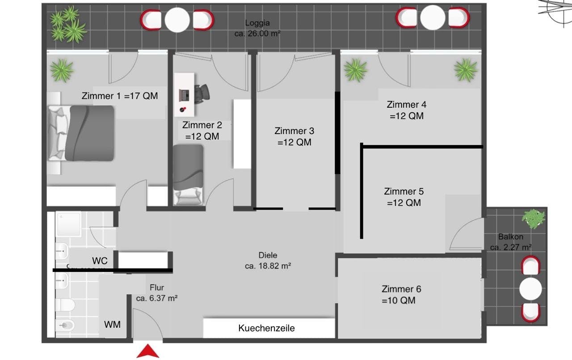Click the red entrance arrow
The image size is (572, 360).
click(148, 352)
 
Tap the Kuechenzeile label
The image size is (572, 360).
click(266, 328)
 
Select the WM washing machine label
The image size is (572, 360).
click(112, 325)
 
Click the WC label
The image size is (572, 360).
click(100, 261)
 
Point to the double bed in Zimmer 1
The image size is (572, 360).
click(81, 133)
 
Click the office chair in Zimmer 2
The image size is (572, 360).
click(202, 94)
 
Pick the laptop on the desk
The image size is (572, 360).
click(184, 95)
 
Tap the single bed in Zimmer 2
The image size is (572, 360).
click(188, 175)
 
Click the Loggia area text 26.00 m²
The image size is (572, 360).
click(257, 34)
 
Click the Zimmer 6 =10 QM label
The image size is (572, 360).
click(401, 295)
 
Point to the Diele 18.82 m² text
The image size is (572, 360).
click(268, 260)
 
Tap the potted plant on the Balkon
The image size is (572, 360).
click(533, 219)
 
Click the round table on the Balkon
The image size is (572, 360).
click(530, 289)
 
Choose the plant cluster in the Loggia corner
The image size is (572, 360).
click(68, 24)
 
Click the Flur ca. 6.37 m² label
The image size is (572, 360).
click(157, 293)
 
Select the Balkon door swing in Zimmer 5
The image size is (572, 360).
click(467, 234)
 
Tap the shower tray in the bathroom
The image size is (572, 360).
click(68, 224)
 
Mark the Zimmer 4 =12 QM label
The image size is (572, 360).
click(407, 110)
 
